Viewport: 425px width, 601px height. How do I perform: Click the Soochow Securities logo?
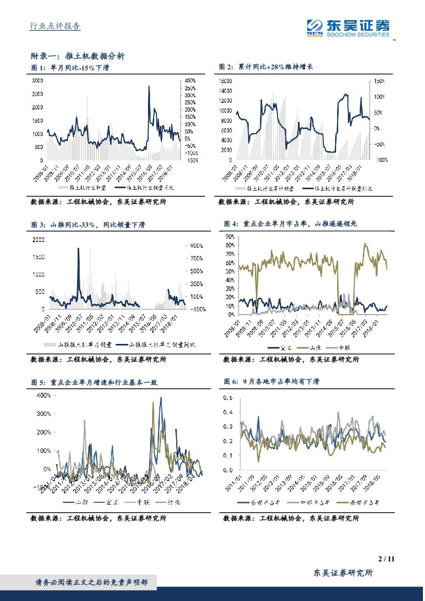pyautogui.click(x=347, y=27)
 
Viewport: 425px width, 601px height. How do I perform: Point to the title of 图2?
pyautogui.click(x=266, y=67)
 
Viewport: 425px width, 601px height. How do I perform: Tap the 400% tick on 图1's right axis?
pyautogui.click(x=190, y=81)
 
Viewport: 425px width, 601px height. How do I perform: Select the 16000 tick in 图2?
pyautogui.click(x=227, y=81)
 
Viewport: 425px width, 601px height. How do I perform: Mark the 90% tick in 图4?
pyautogui.click(x=230, y=236)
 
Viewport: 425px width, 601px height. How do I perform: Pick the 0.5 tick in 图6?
pyautogui.click(x=227, y=398)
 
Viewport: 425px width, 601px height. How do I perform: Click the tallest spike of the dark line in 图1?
pyautogui.click(x=149, y=86)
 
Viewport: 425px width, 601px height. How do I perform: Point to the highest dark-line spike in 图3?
pyautogui.click(x=79, y=249)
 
